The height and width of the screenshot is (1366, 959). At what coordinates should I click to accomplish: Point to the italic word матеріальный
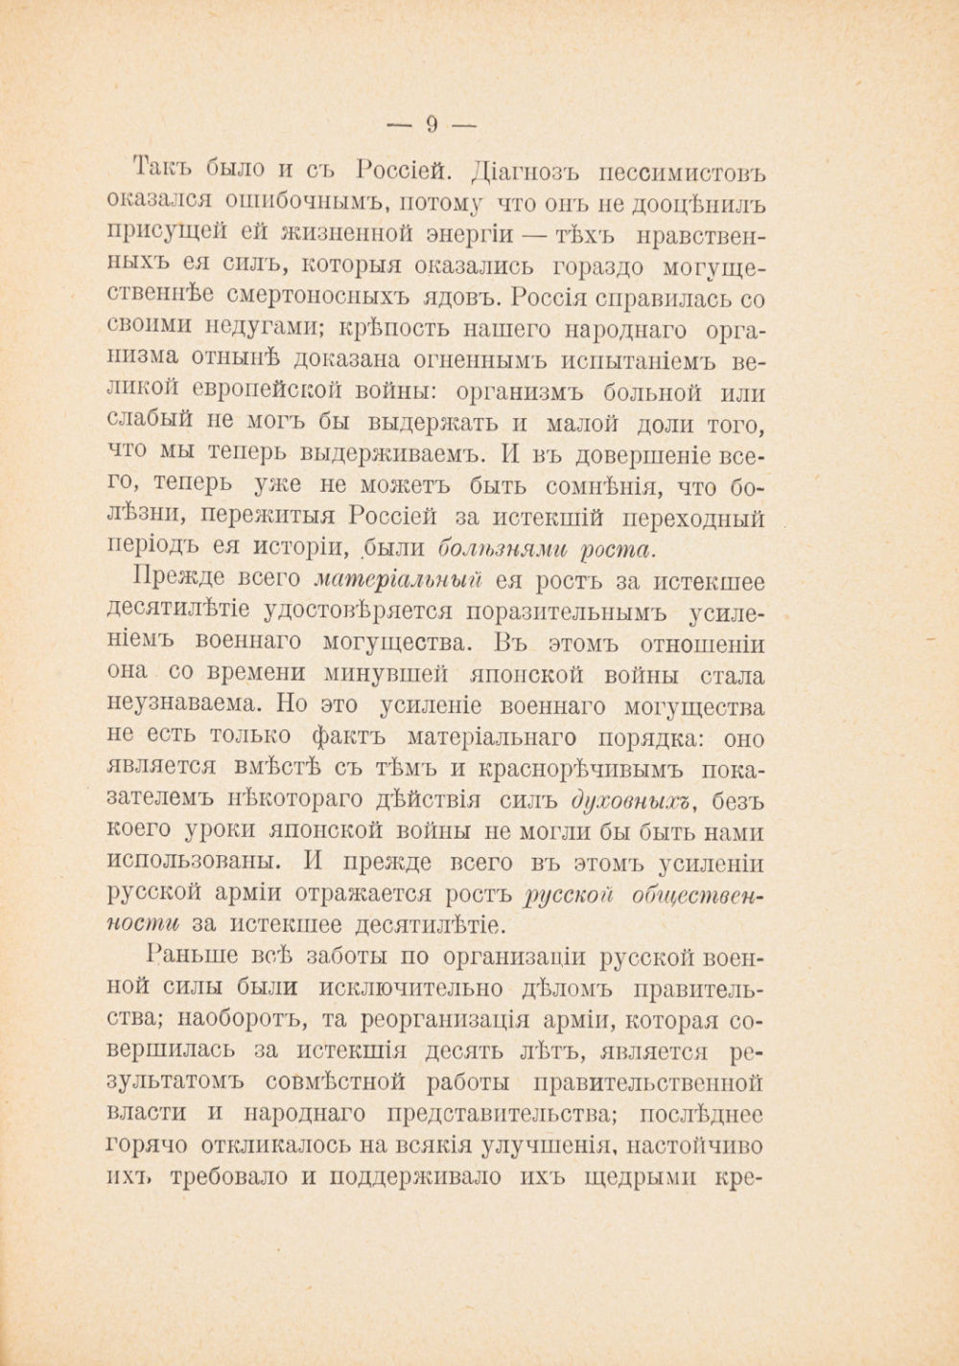[396, 580]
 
